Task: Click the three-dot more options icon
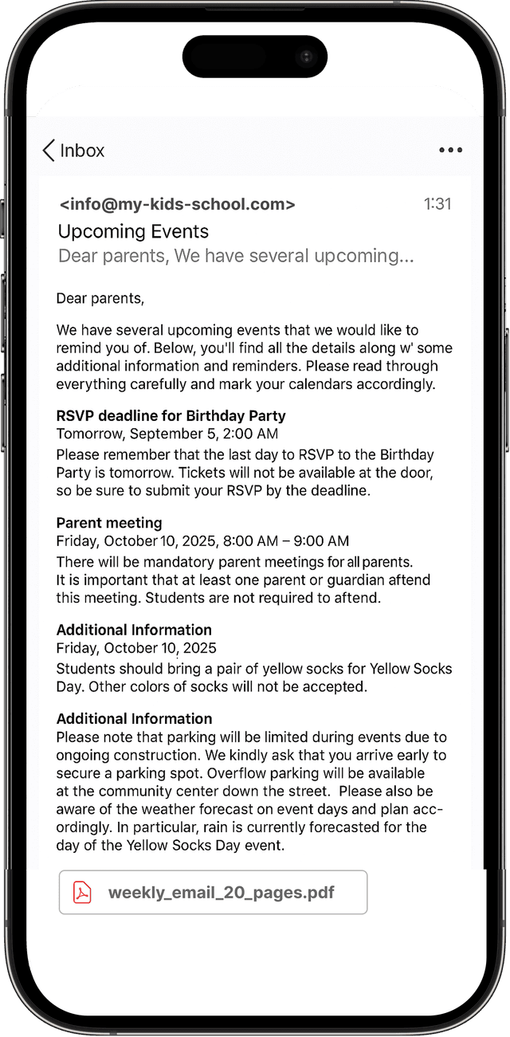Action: tap(450, 150)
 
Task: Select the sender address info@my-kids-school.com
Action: tap(177, 204)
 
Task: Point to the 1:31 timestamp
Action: tap(437, 204)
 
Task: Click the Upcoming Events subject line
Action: tap(133, 232)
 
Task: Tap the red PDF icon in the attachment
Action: tap(83, 892)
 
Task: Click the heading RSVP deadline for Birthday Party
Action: tap(171, 416)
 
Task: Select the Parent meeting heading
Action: tap(109, 523)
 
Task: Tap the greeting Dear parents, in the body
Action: tap(100, 299)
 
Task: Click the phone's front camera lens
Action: tap(306, 57)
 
